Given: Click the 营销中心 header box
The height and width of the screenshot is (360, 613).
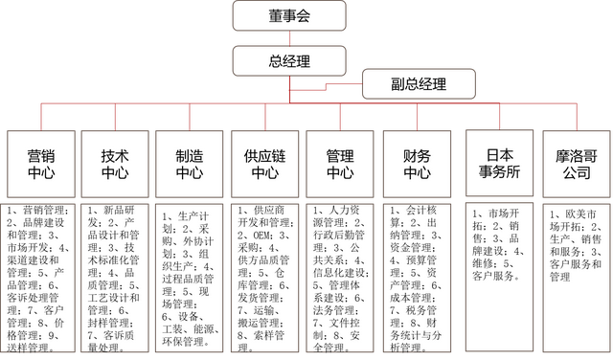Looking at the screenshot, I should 39,162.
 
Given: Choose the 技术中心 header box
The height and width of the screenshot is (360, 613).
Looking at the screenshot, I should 115,162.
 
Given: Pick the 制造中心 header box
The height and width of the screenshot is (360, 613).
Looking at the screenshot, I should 190,162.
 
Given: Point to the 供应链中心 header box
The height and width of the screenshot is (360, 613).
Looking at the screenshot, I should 264,162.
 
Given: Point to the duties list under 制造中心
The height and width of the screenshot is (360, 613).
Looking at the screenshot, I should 190,273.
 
